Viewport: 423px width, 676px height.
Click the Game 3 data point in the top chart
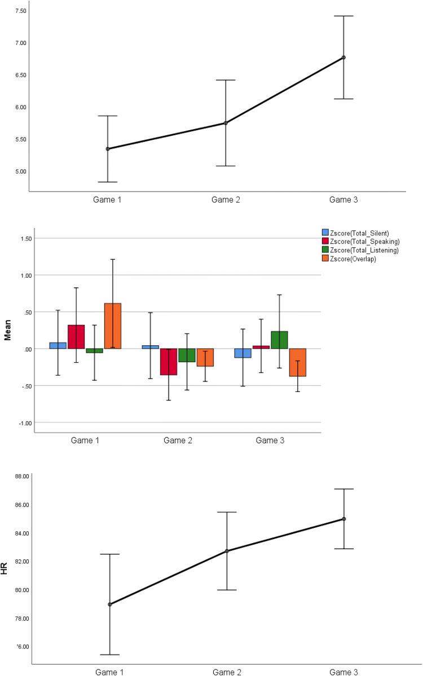pos(343,57)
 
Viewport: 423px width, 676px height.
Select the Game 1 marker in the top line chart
pos(107,149)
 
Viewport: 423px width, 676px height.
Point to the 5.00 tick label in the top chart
pos(16,171)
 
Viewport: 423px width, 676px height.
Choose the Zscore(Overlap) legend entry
pos(350,259)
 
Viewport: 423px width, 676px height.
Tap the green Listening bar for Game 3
pos(279,340)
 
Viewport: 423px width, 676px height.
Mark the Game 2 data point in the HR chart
pos(227,551)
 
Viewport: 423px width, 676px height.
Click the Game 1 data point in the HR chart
pos(110,604)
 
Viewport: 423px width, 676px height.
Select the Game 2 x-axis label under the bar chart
pos(178,441)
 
